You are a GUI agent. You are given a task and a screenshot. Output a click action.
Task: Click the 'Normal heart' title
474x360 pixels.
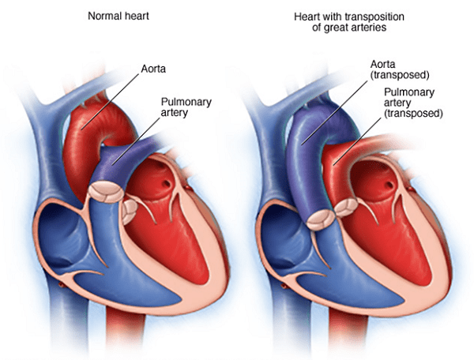point(118,16)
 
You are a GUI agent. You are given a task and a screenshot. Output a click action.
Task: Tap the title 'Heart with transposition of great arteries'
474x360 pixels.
point(349,22)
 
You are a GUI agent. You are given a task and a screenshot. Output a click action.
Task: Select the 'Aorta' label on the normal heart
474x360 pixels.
point(153,69)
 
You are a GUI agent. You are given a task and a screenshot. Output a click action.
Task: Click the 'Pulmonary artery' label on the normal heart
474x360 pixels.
point(186,107)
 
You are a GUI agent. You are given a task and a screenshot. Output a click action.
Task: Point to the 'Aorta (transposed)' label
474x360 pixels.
point(400,69)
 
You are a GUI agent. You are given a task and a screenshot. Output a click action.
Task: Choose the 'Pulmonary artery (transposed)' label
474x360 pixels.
point(413,103)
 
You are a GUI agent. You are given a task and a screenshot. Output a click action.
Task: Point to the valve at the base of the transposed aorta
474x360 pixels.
point(321,219)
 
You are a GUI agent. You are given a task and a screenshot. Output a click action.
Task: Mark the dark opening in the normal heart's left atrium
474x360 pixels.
point(166,183)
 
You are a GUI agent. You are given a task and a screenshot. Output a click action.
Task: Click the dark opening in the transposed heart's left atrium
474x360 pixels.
point(389,185)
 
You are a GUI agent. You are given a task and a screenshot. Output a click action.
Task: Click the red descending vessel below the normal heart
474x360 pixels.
point(125,332)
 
